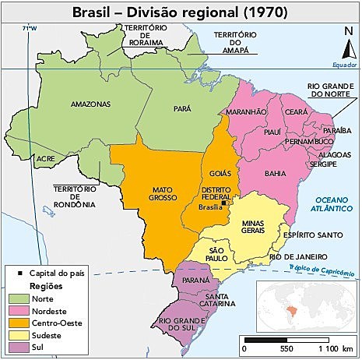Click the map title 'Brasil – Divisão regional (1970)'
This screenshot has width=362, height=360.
click(181, 12)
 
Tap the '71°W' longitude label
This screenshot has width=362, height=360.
click(30, 28)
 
